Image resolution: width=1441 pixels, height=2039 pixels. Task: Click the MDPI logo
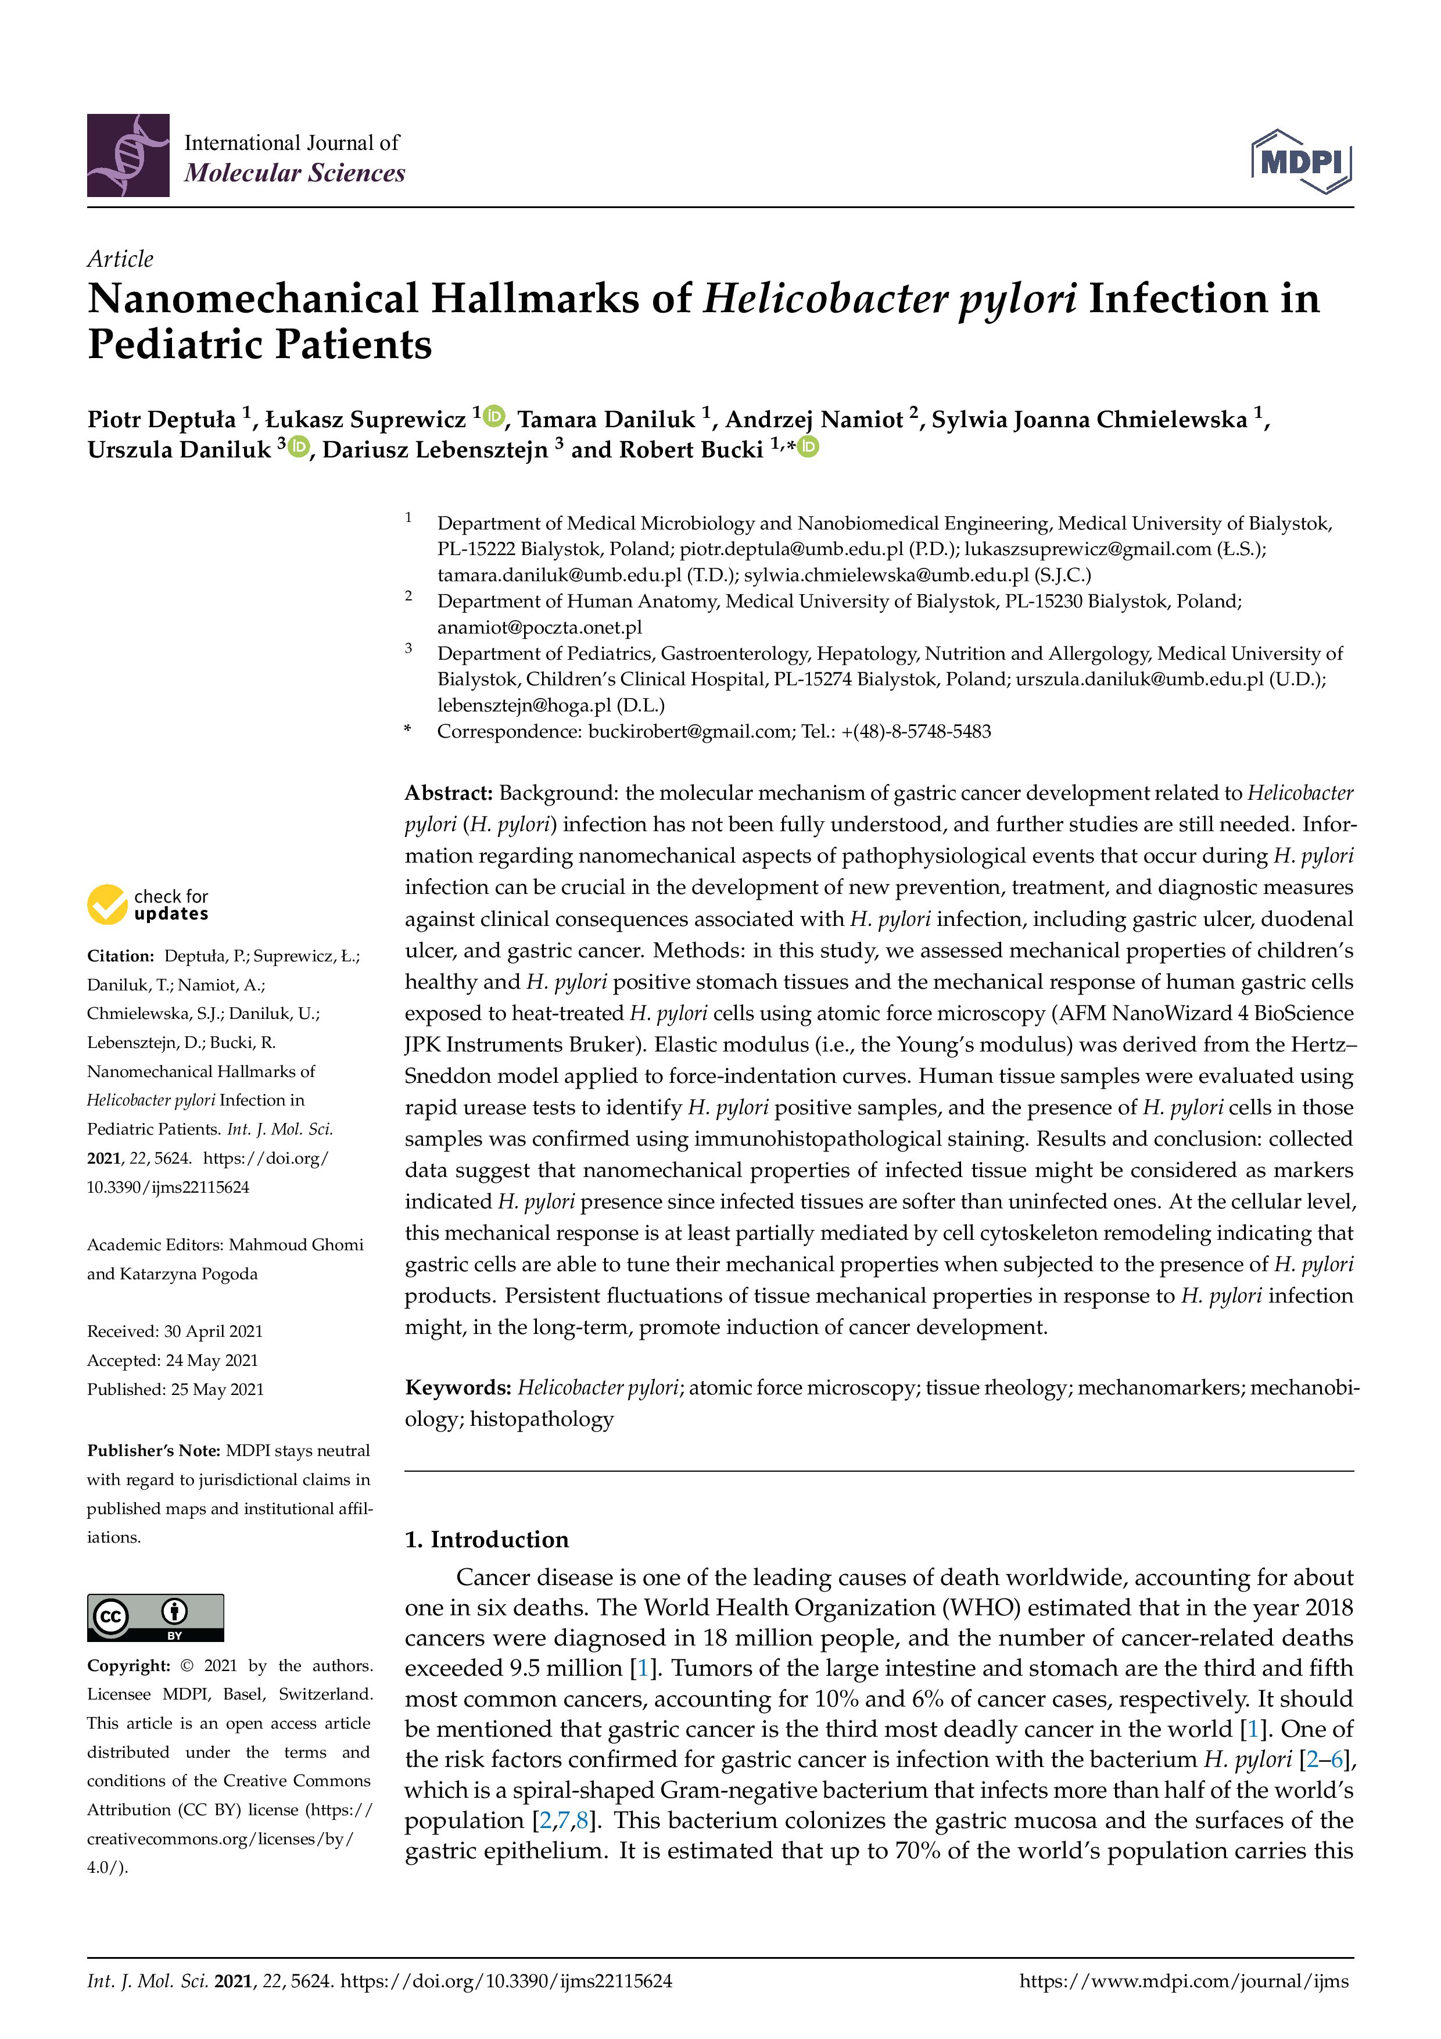(x=1301, y=162)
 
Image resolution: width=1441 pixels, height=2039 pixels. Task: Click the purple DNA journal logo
(x=128, y=155)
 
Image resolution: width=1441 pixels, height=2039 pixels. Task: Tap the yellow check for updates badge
(x=108, y=904)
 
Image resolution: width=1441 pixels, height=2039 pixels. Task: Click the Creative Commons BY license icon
(x=155, y=1616)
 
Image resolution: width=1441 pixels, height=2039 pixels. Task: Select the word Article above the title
(x=120, y=259)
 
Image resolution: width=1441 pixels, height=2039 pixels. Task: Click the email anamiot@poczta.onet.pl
(x=539, y=627)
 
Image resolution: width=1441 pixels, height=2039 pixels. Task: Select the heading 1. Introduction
(x=486, y=1539)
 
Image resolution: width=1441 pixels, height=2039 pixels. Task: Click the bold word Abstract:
(x=449, y=792)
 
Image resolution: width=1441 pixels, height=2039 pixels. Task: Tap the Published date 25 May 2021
(x=217, y=1389)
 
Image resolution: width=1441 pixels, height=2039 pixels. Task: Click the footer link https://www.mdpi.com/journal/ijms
(x=1184, y=1980)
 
